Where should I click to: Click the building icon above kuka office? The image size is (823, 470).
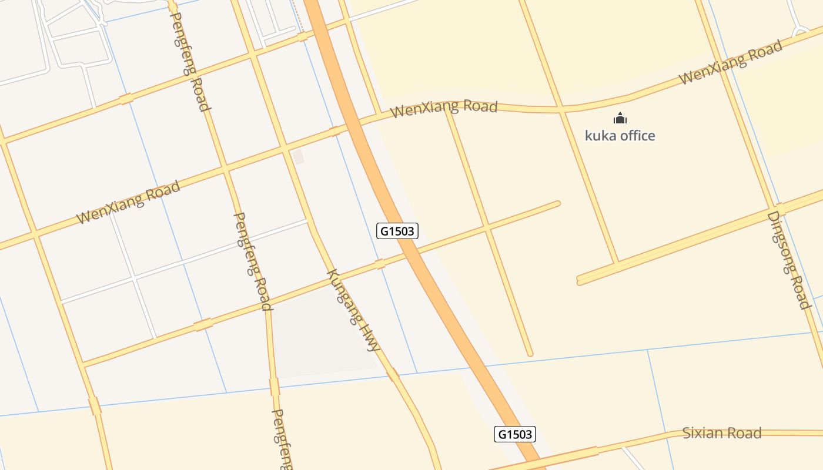pyautogui.click(x=620, y=119)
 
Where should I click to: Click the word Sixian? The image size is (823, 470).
pyautogui.click(x=702, y=434)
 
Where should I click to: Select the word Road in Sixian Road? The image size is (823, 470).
pyautogui.click(x=743, y=434)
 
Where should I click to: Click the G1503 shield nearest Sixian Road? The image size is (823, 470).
pyautogui.click(x=514, y=434)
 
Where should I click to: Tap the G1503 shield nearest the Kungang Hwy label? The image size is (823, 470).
pyautogui.click(x=397, y=231)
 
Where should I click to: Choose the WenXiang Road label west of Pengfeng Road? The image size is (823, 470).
pyautogui.click(x=128, y=203)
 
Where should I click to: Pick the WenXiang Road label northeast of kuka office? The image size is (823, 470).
pyautogui.click(x=730, y=62)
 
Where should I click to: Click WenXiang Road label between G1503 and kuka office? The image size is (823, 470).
pyautogui.click(x=444, y=109)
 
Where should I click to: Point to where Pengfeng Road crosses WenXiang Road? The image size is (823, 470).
pyautogui.click(x=224, y=169)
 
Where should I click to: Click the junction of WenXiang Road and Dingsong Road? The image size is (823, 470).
pyautogui.click(x=722, y=65)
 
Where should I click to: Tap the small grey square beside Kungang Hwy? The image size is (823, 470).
pyautogui.click(x=298, y=156)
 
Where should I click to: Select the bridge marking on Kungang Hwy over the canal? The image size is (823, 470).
pyautogui.click(x=392, y=373)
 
